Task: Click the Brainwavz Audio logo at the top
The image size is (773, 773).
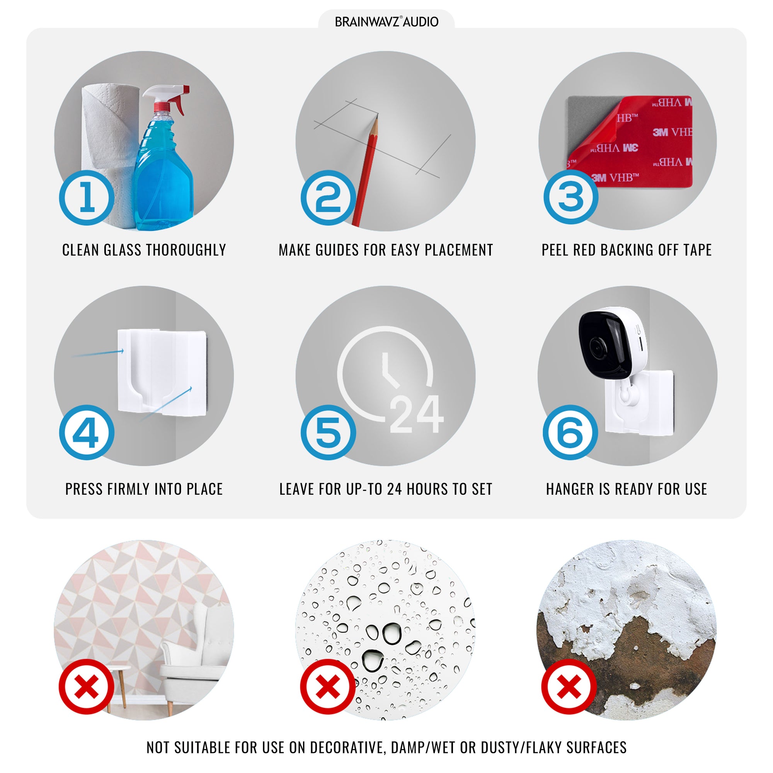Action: point(386,22)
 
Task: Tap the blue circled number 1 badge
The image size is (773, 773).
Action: point(87,198)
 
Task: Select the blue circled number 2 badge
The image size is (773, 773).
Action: point(328,198)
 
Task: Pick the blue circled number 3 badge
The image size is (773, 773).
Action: point(570,196)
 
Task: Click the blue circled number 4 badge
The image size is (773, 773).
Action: point(87,432)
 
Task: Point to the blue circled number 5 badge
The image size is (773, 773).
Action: point(328,432)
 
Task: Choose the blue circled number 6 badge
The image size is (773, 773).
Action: point(570,432)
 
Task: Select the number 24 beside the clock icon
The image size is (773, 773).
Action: point(416,414)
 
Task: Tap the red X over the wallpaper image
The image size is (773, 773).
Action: point(87,686)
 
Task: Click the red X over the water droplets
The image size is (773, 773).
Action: point(328,686)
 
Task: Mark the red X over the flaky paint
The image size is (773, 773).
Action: point(569,686)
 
